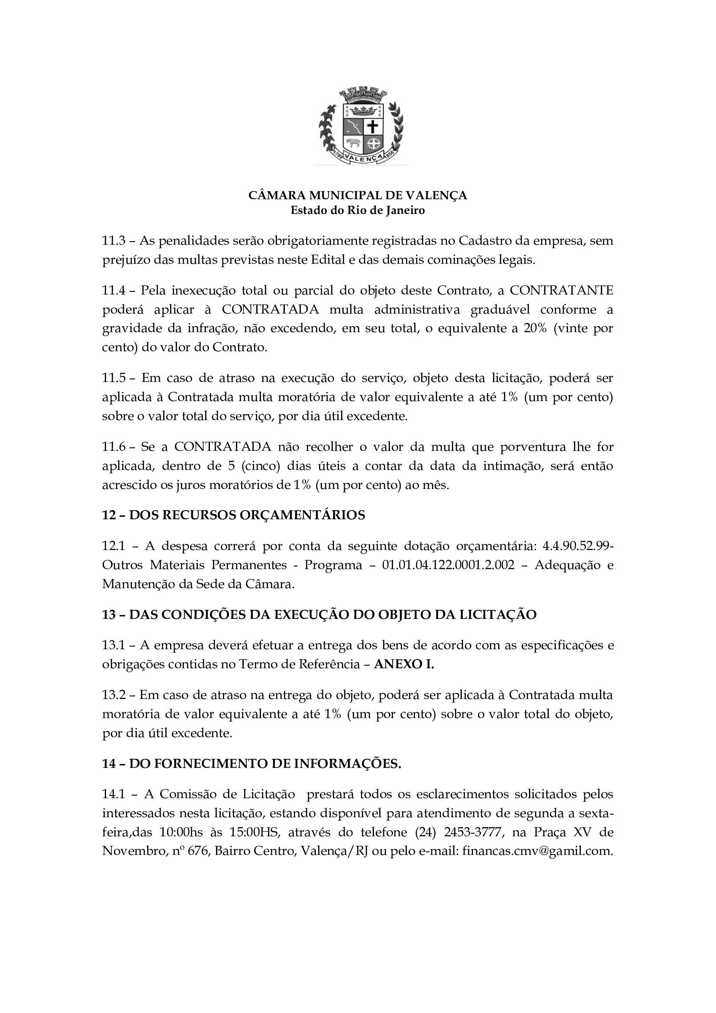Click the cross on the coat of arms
point(373,127)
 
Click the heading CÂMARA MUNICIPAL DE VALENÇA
point(358,195)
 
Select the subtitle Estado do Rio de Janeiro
point(358,210)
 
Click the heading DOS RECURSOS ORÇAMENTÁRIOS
point(247,515)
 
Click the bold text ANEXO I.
point(404,664)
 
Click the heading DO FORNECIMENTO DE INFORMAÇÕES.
point(265,764)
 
